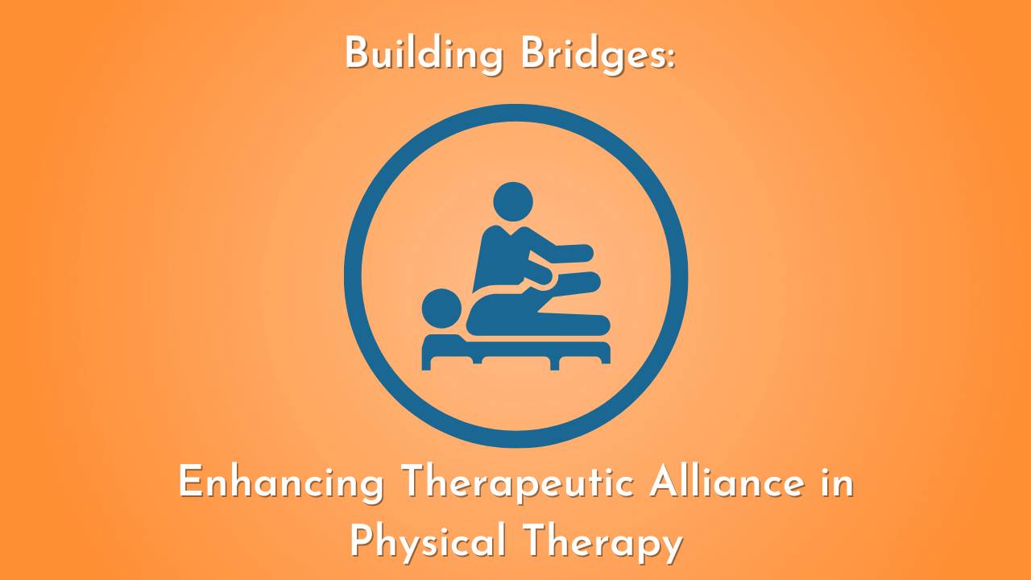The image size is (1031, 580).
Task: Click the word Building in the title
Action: pos(416,55)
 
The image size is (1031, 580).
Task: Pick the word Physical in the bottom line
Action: pos(428,542)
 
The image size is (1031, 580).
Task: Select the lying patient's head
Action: pos(441,309)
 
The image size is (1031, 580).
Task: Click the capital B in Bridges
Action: pos(534,55)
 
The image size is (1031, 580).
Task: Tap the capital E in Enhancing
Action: pos(189,484)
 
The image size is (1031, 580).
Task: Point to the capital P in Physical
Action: pos(362,541)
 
